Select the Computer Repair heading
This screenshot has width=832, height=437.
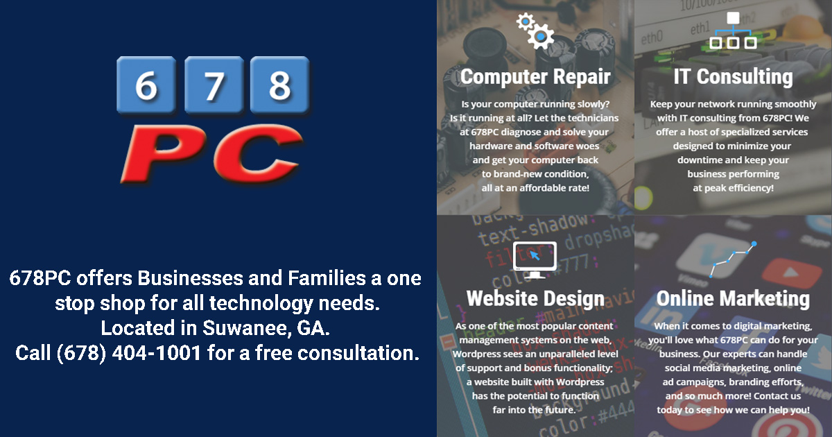pyautogui.click(x=535, y=76)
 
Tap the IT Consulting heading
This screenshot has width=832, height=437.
pyautogui.click(x=733, y=76)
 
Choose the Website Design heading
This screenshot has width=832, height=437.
pyautogui.click(x=535, y=298)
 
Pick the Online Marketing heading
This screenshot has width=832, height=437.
pyautogui.click(x=733, y=298)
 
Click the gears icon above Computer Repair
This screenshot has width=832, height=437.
pyautogui.click(x=535, y=30)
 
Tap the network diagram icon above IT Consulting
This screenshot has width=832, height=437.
pyautogui.click(x=733, y=31)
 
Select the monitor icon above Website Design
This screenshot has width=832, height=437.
pyautogui.click(x=534, y=259)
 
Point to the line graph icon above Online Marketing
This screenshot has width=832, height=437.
pyautogui.click(x=733, y=259)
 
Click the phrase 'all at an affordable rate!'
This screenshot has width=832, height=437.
pyautogui.click(x=535, y=188)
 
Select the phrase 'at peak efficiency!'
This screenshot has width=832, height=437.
pyautogui.click(x=733, y=188)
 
